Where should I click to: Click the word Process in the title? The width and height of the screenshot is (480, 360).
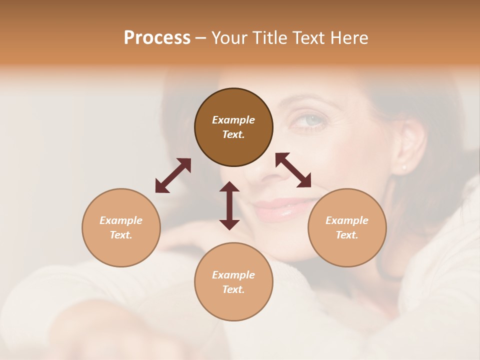tap(157, 38)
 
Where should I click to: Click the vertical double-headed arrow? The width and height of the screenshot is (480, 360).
tap(229, 205)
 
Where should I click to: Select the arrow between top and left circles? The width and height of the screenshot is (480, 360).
tap(173, 175)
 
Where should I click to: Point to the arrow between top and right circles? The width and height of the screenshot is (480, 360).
tap(293, 170)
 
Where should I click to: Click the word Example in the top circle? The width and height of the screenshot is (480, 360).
tap(233, 120)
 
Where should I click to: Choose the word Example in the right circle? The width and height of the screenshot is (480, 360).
tap(347, 220)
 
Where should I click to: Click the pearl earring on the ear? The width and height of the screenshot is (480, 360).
tap(404, 167)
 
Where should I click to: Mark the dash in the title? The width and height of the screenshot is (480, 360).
tap(200, 38)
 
